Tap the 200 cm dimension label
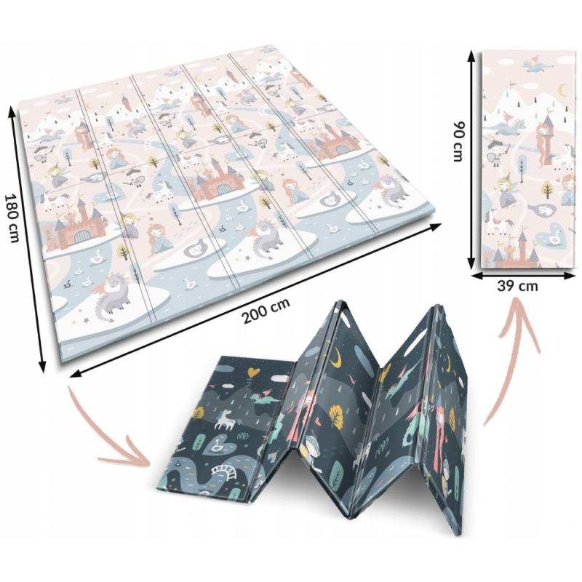pyautogui.click(x=266, y=311)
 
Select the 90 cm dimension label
pyautogui.click(x=458, y=141)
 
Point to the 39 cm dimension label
pyautogui.click(x=517, y=286)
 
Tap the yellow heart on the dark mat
pyautogui.click(x=253, y=372)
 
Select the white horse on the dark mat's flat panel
pyautogui.click(x=224, y=419)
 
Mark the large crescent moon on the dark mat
pyautogui.click(x=336, y=357)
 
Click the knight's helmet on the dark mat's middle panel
pyautogui.click(x=311, y=442)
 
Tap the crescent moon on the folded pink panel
pyautogui.click(x=562, y=89)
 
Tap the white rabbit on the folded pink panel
pyautogui.click(x=543, y=210)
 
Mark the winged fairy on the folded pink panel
pyautogui.click(x=506, y=191)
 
